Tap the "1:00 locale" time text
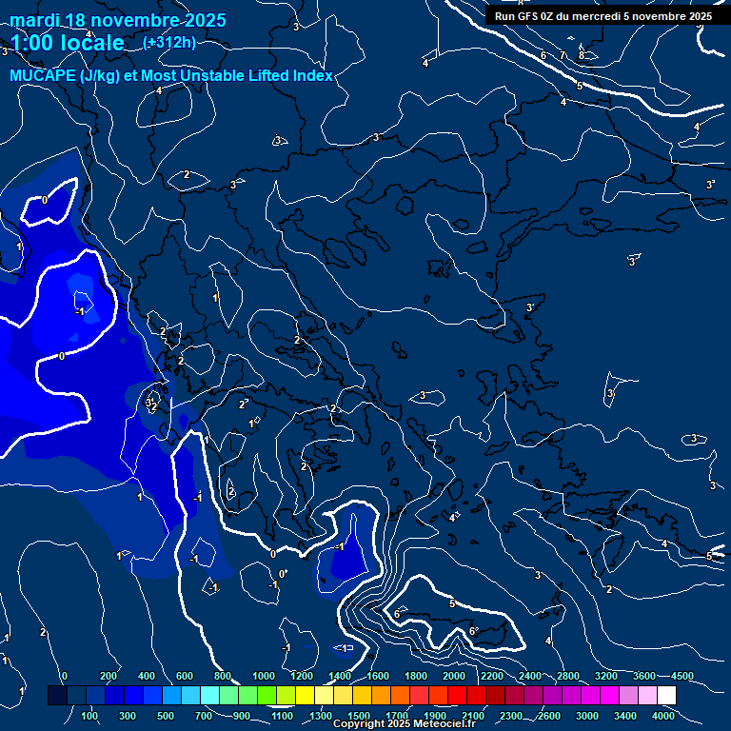(67, 43)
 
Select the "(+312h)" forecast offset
(169, 42)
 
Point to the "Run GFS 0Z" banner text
(539, 16)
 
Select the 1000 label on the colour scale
(264, 676)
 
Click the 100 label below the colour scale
(90, 716)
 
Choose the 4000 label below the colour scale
(663, 716)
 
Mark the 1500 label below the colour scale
(359, 716)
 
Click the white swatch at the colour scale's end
(666, 696)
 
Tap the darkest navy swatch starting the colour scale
(57, 696)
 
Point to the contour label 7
(562, 56)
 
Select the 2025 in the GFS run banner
(700, 16)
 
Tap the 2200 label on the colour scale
(492, 676)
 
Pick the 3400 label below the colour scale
(625, 716)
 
